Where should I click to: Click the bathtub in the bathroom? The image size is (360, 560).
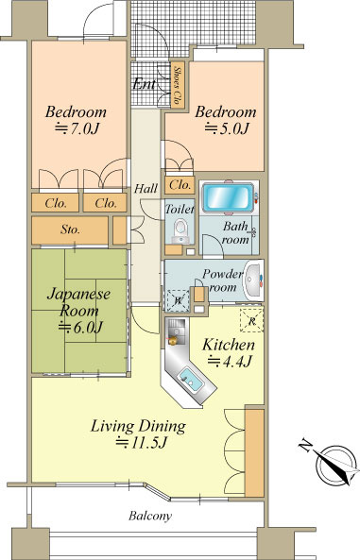point(228,198)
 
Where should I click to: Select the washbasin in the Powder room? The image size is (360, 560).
point(253,280)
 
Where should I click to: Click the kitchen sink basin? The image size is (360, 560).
point(191,380)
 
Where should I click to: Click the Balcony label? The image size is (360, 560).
point(150,516)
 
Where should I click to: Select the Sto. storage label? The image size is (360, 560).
point(70,229)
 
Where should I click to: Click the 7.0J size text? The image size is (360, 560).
point(77,128)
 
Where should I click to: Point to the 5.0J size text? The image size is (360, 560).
point(227,128)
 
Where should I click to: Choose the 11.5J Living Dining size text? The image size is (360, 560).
point(142,443)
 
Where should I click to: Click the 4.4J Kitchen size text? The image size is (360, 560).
point(231,362)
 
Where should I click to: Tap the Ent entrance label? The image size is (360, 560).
point(144,84)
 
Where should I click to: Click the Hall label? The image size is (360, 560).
point(146,188)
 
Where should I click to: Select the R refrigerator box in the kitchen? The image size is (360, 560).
point(251,320)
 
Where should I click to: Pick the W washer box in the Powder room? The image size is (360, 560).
point(178,300)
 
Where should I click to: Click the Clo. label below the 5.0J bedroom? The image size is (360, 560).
point(180,185)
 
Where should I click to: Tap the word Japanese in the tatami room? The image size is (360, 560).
point(78,295)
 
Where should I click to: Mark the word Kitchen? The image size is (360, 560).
point(229,345)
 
